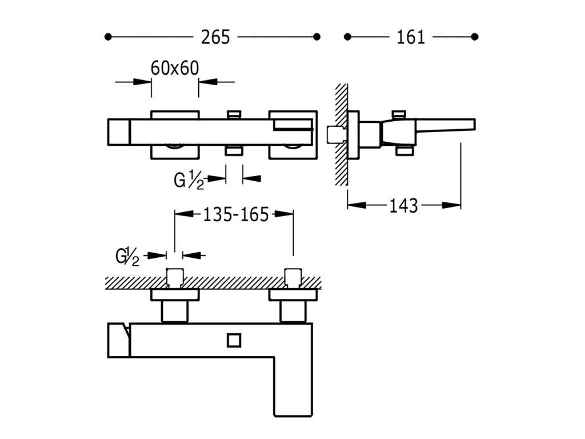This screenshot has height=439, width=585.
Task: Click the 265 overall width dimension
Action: [215, 37]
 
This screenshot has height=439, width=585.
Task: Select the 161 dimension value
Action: [411, 37]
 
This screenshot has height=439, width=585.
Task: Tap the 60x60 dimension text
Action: [175, 68]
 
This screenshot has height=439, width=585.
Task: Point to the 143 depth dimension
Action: [403, 205]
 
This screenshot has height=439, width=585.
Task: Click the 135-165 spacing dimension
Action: [235, 214]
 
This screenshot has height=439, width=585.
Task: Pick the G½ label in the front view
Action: [189, 180]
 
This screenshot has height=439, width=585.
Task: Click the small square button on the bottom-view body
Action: [233, 341]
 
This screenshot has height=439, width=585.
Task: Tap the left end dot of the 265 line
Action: [109, 37]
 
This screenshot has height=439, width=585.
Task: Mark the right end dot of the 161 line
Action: [475, 37]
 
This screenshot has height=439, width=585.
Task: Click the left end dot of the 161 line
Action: [347, 37]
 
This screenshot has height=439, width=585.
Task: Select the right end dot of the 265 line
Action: [317, 37]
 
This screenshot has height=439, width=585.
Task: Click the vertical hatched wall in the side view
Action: [341, 134]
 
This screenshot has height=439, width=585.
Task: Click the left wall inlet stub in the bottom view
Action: [174, 277]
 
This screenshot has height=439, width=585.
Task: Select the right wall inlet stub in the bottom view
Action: [292, 277]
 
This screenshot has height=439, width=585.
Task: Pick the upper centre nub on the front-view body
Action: [233, 114]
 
